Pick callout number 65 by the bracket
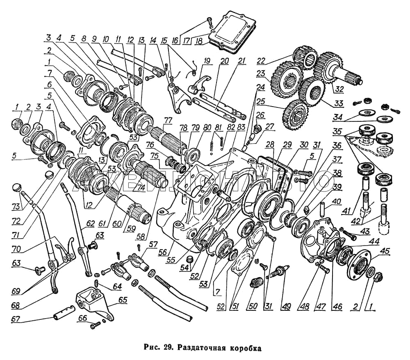click(x=122, y=300)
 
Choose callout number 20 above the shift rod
click(x=224, y=61)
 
